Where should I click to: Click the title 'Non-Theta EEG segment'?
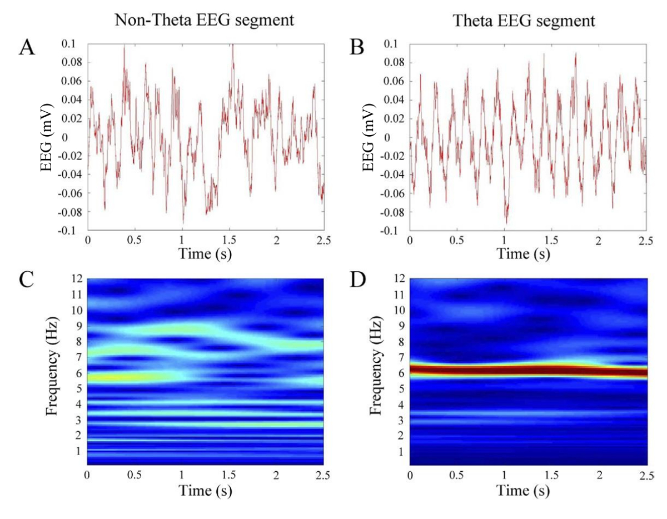coord(203,21)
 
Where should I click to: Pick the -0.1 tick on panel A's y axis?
coord(73,231)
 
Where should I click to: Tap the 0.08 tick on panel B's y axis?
coord(394,62)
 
